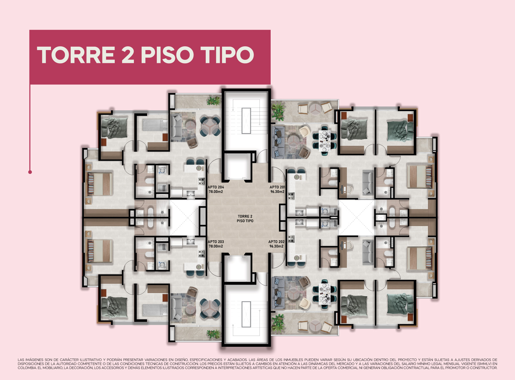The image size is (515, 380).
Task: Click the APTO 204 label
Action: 216,187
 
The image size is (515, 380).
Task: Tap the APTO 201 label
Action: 277,187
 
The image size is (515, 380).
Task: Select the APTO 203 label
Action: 216,242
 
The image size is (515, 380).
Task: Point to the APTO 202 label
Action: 276,242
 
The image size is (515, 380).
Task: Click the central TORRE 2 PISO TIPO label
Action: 245,219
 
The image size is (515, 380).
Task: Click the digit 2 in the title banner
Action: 128,55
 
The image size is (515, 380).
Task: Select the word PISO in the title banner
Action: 167,55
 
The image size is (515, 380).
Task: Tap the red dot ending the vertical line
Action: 30,172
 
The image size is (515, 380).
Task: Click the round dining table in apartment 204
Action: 210,126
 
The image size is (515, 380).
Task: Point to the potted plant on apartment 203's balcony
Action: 213,334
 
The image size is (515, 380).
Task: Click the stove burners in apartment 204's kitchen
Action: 202,181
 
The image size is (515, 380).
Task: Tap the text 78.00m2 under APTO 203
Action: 216,246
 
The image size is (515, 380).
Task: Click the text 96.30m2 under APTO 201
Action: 277,192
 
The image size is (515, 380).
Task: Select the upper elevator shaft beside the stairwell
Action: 237,167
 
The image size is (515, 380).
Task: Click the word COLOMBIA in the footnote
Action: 27,368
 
